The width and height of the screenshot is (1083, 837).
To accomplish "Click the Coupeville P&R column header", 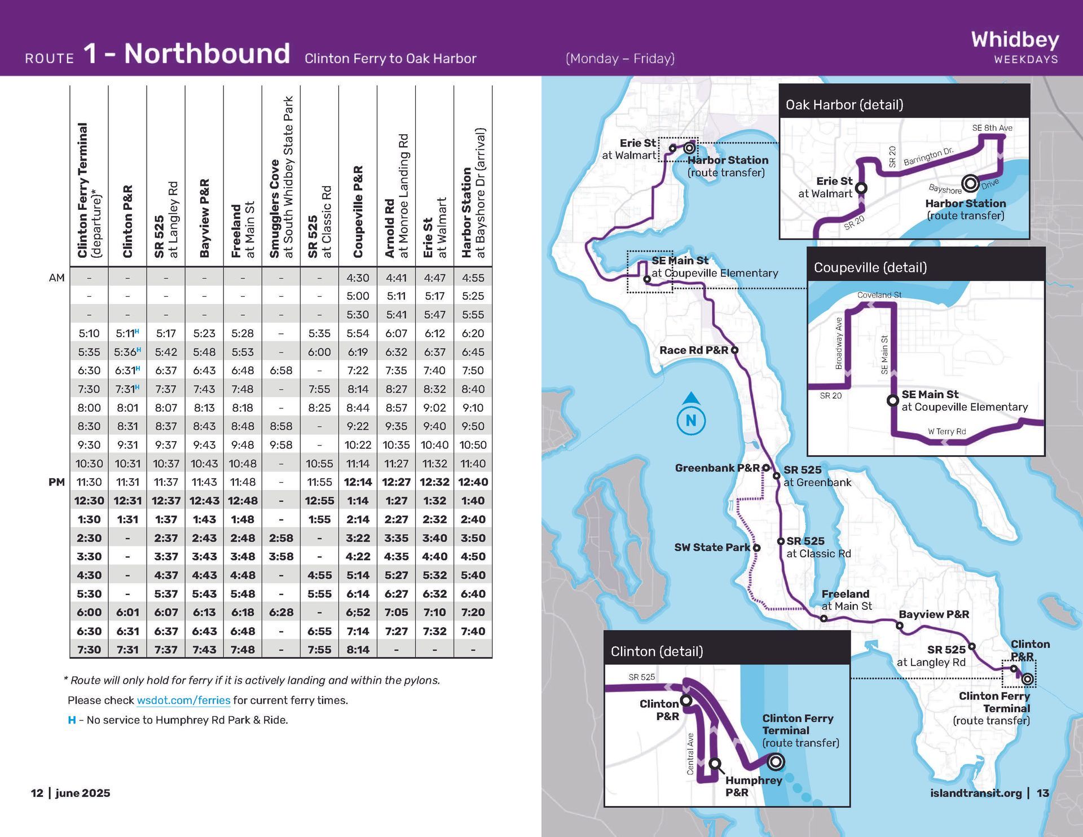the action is click(x=358, y=212).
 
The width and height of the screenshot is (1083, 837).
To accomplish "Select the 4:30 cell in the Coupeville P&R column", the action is click(x=358, y=277).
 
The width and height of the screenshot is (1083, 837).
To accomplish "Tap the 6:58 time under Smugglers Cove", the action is click(x=281, y=371).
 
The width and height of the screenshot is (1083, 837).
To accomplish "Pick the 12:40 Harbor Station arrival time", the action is click(x=473, y=482).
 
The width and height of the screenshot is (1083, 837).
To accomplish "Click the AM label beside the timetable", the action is click(x=57, y=277).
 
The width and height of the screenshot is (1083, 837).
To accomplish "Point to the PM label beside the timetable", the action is click(x=56, y=482).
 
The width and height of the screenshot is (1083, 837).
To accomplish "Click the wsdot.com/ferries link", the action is click(x=183, y=700).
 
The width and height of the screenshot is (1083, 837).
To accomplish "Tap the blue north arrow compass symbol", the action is click(x=691, y=415).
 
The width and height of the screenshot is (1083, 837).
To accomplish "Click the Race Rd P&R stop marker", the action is click(x=734, y=350).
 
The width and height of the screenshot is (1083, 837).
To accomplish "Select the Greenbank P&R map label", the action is click(x=717, y=468).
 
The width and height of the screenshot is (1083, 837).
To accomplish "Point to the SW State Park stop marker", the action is click(x=756, y=548).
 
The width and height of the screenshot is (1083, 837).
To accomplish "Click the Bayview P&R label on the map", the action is click(x=934, y=614).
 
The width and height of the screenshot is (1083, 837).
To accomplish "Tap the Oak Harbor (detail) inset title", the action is click(x=844, y=105).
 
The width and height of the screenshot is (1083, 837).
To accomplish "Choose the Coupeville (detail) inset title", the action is click(x=870, y=267).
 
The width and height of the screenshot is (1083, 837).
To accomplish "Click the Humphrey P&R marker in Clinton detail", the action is click(x=715, y=764).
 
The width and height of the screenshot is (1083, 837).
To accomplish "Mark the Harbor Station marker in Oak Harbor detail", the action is click(x=970, y=183).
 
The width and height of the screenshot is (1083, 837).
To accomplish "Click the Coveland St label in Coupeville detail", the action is click(x=879, y=295).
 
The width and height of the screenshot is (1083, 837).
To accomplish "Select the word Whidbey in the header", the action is click(x=1015, y=39).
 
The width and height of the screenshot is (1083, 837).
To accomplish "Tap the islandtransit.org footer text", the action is click(x=976, y=793).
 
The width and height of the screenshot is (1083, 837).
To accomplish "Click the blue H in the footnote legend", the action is click(x=72, y=720).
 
